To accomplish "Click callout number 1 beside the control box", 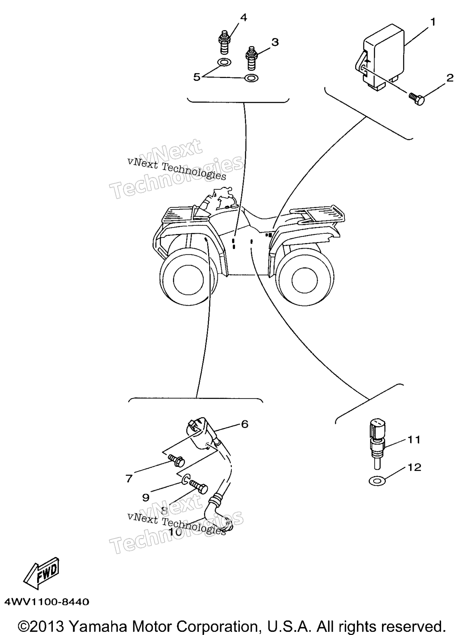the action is (x=433, y=22).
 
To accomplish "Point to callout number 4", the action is (x=243, y=17).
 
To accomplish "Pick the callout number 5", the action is (x=196, y=77).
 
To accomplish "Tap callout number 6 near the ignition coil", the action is (x=244, y=424).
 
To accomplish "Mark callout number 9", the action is (x=146, y=497).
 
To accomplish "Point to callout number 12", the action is (x=415, y=467).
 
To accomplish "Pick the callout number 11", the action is (x=414, y=439).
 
